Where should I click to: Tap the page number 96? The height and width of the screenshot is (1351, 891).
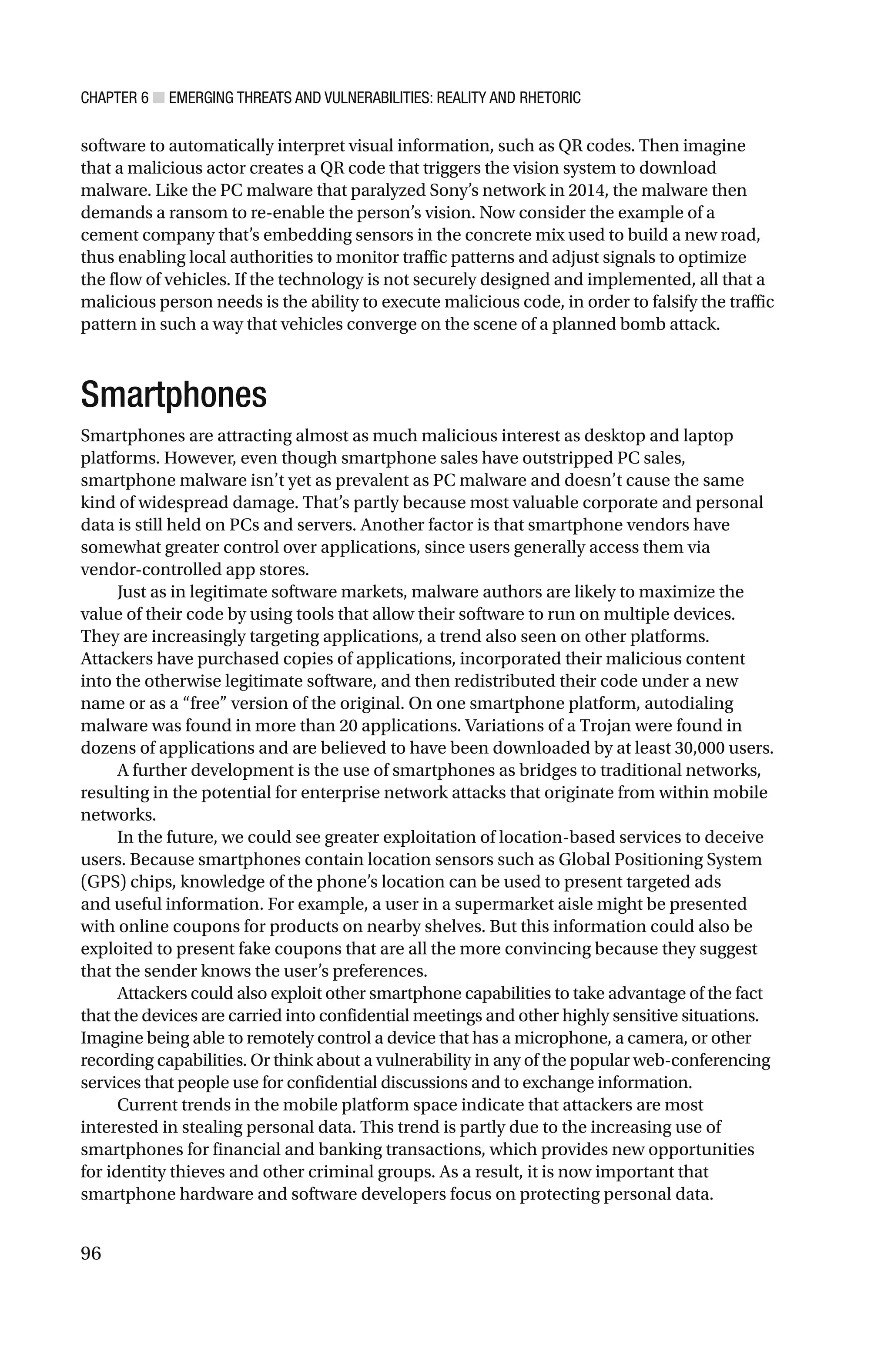(x=91, y=1253)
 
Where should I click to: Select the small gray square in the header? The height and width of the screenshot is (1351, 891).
(x=158, y=98)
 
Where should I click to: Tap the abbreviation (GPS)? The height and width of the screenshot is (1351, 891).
(x=100, y=882)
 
